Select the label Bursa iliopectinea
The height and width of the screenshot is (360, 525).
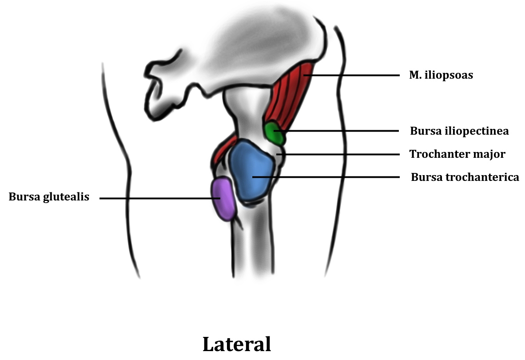pos(459,131)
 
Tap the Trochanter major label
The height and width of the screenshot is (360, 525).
pos(457,154)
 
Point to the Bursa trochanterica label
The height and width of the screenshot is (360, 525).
pos(465,177)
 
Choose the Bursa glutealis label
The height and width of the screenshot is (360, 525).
pos(49,197)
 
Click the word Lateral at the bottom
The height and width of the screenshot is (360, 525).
pos(236,344)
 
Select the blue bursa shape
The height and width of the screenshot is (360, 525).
pos(251,171)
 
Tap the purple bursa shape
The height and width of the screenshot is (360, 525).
pos(223,198)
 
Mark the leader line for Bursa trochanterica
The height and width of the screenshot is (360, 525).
pos(333,177)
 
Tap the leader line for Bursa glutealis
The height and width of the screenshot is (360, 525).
pos(155,198)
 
